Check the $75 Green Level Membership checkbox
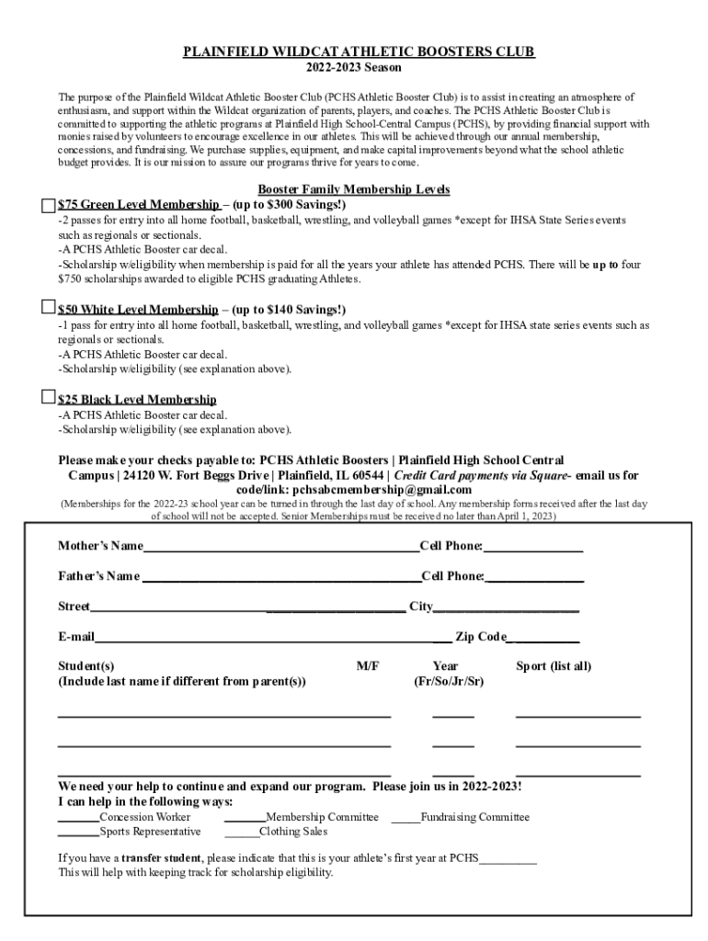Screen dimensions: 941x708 coord(49,205)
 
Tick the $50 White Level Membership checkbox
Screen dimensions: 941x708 coord(49,307)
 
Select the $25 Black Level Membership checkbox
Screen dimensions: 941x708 coord(49,397)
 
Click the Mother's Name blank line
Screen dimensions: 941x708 coord(280,549)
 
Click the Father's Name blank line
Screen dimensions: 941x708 coord(280,578)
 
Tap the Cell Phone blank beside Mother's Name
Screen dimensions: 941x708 coord(533,549)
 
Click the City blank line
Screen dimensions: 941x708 coord(506,608)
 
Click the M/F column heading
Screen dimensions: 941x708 coord(368,666)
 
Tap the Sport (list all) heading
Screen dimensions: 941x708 coord(554,666)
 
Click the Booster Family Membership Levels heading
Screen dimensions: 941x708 coord(354,189)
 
